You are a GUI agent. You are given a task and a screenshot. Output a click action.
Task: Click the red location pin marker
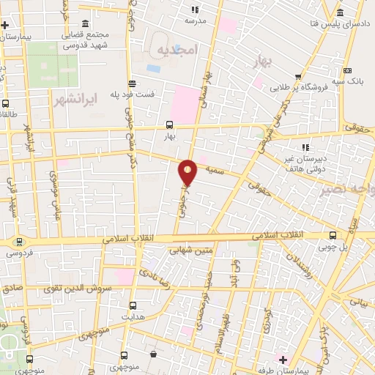(188, 171)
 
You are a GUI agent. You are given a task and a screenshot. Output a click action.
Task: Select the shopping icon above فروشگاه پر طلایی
(298, 75)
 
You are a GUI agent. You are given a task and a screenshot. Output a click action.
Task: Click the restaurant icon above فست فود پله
(131, 83)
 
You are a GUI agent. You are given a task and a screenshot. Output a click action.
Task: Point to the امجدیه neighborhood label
(177, 49)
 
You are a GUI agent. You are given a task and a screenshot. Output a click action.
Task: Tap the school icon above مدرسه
(195, 10)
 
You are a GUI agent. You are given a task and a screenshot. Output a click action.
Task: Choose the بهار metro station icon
(169, 125)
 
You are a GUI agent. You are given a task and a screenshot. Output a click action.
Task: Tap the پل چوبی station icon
(333, 235)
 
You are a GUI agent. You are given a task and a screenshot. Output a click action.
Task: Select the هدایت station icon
(133, 305)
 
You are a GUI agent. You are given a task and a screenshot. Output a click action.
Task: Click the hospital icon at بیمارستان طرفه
(282, 358)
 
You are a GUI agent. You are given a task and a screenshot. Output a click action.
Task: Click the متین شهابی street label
(190, 250)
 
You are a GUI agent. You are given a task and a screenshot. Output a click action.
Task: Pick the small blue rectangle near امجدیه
(153, 68)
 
